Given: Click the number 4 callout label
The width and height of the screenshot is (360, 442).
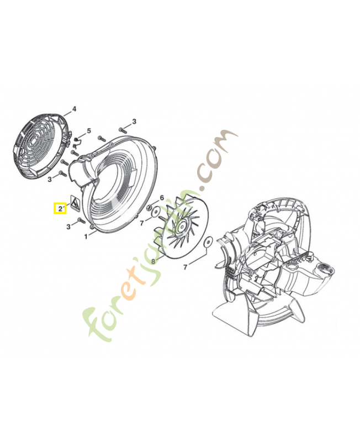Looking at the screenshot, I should (x=75, y=109).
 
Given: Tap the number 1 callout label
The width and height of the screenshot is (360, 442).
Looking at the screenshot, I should (x=86, y=236).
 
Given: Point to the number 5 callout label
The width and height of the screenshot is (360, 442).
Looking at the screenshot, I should (x=89, y=131).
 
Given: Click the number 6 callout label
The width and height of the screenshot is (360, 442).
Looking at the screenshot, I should (x=162, y=198).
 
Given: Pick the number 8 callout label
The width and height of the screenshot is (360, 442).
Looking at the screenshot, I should (x=153, y=261).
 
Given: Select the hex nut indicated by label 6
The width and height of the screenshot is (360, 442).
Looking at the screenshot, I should (x=150, y=207).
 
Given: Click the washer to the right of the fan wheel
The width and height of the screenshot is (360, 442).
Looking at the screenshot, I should (x=208, y=241).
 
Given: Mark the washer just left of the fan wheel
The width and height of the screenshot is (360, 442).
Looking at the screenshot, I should (x=156, y=211).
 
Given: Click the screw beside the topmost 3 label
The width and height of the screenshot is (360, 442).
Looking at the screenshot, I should (x=123, y=129).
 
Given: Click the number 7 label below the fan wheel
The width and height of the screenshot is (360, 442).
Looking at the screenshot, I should (x=186, y=267).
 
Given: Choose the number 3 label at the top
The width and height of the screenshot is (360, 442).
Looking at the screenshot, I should (x=134, y=122).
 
